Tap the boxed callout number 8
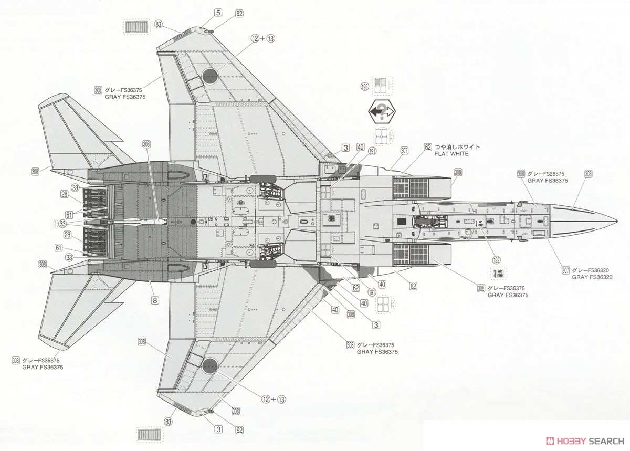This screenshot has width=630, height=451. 155,301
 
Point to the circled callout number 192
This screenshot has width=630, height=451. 496,259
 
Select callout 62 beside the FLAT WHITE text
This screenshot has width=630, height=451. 428,148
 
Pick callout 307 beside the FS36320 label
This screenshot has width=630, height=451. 565,270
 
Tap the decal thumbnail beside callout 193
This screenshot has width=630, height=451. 382,85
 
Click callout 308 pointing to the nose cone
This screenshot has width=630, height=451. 588,174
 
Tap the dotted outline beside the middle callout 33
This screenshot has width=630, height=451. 57,223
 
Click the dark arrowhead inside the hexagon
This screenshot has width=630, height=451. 376,112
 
